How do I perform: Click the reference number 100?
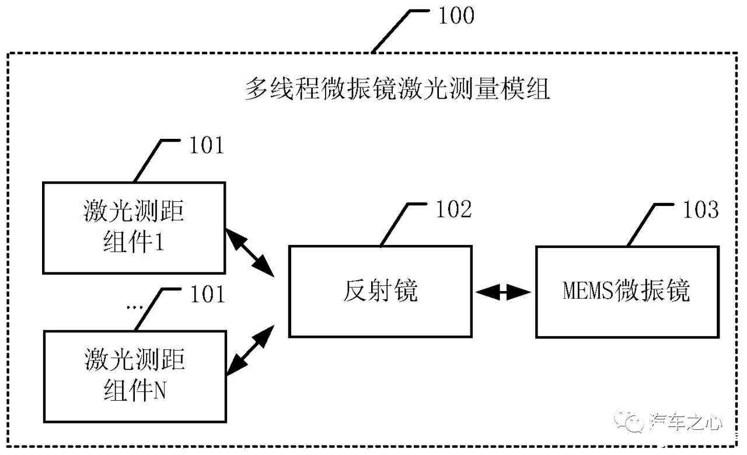pyautogui.click(x=456, y=16)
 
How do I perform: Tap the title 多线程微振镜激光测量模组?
pyautogui.click(x=397, y=89)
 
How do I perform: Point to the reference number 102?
pyautogui.click(x=454, y=209)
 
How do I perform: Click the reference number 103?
pyautogui.click(x=701, y=209)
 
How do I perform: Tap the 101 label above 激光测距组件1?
pyautogui.click(x=207, y=145)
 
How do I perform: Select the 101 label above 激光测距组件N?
pyautogui.click(x=208, y=295)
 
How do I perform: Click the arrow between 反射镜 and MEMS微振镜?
pyautogui.click(x=503, y=292)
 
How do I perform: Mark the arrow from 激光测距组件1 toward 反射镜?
pyautogui.click(x=250, y=253)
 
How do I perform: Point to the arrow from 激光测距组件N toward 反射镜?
pyautogui.click(x=250, y=351)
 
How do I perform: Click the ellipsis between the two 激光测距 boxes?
pyautogui.click(x=135, y=307)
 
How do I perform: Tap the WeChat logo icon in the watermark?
pyautogui.click(x=629, y=421)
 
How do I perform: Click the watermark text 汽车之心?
pyautogui.click(x=685, y=422)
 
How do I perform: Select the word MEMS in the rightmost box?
pyautogui.click(x=588, y=291)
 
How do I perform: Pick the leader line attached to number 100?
pyautogui.click(x=400, y=32)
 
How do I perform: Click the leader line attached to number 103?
pyautogui.click(x=650, y=225)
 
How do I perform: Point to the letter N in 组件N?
pyautogui.click(x=159, y=390)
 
